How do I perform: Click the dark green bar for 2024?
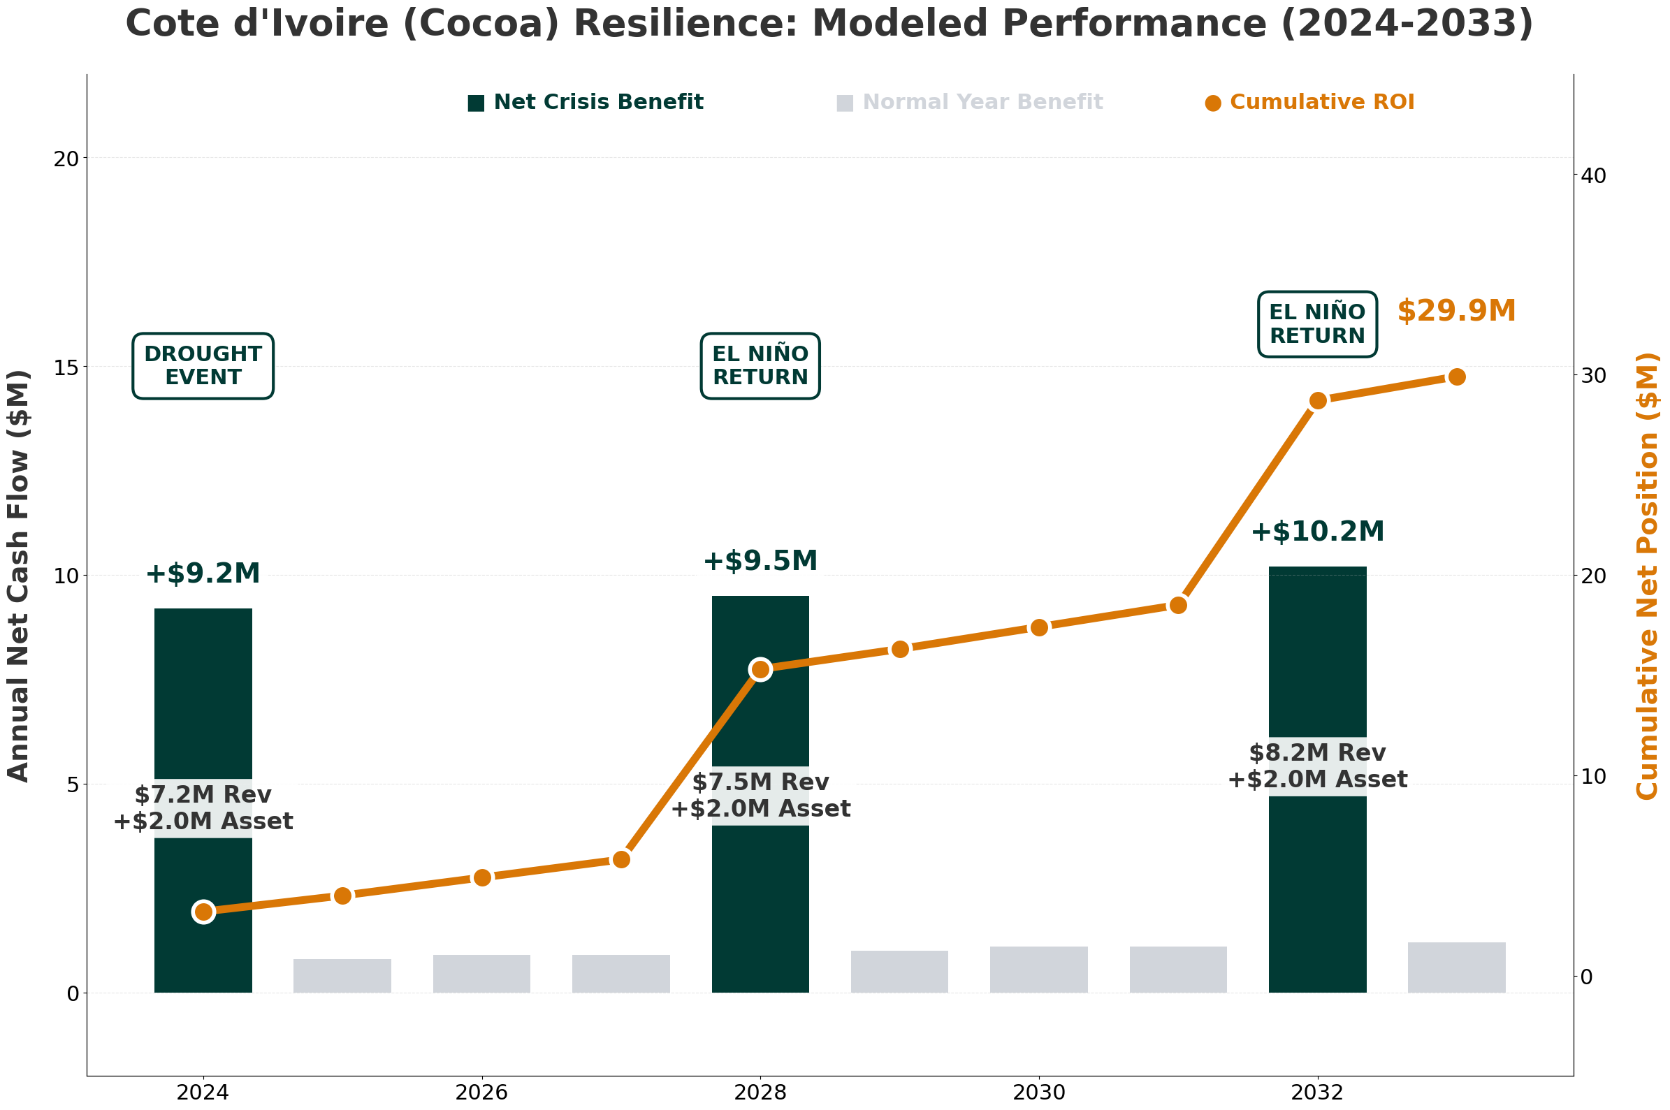coord(203,708)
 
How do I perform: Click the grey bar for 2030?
coord(1038,969)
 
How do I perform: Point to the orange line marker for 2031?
coord(1178,605)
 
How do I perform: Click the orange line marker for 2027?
coord(621,859)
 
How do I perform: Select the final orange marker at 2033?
coord(1456,377)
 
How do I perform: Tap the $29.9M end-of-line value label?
coord(1455,312)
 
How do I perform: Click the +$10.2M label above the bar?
coord(1316,532)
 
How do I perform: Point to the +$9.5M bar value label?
coord(760,562)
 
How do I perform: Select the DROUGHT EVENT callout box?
coord(203,366)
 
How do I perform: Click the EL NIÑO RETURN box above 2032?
coord(1316,324)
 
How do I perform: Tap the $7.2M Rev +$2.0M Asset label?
coord(203,808)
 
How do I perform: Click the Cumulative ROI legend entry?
coord(1309,103)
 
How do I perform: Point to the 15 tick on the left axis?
coord(66,367)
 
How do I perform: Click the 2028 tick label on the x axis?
coord(760,1093)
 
